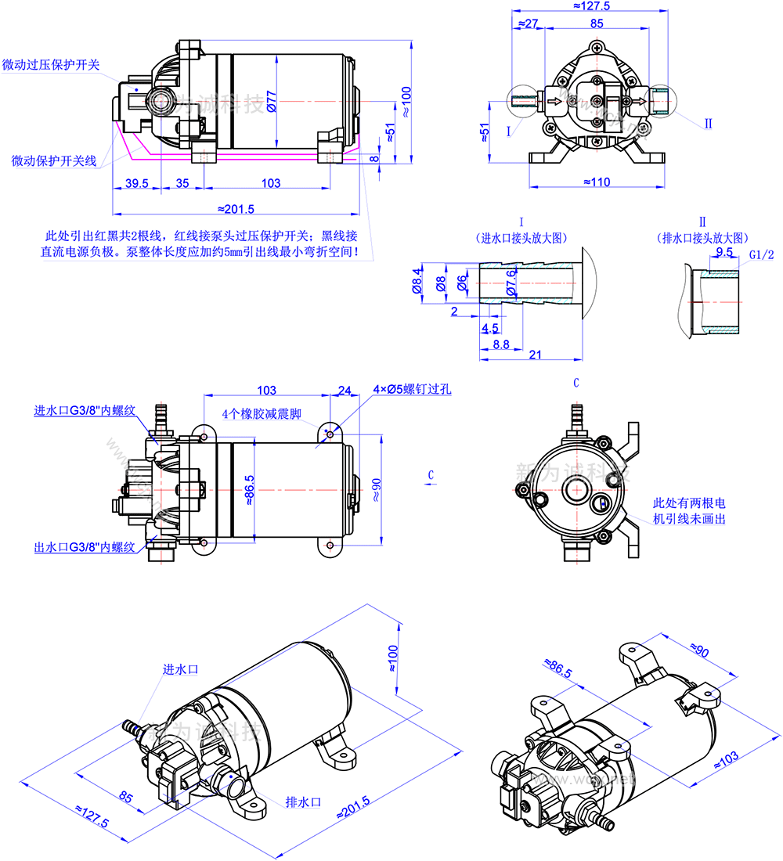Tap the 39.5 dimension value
point(135,183)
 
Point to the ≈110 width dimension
point(597,182)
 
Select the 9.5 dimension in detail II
point(724,252)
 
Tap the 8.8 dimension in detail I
point(501,343)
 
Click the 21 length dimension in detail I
point(536,355)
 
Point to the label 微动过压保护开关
point(52,65)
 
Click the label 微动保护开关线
point(54,160)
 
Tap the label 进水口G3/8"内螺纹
point(85,411)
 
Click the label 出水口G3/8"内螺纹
point(85,546)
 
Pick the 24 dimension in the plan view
point(344,390)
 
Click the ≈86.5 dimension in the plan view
point(250,490)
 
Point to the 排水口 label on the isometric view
point(304,802)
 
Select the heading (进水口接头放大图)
point(521,237)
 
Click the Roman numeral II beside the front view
point(708,124)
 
